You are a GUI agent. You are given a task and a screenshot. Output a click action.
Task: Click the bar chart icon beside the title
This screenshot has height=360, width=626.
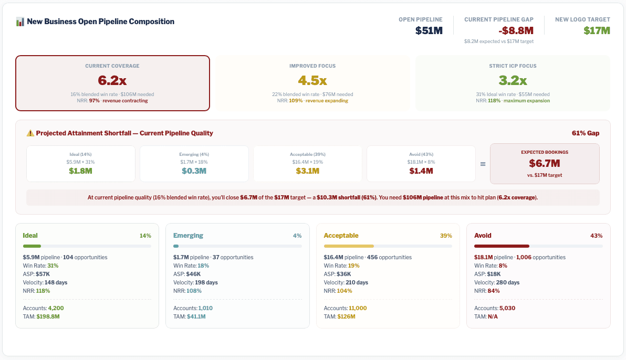20,22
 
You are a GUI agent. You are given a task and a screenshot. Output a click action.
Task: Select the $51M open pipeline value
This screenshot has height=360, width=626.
429,30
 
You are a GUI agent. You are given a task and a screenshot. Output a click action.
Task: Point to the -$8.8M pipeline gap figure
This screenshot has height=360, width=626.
498,30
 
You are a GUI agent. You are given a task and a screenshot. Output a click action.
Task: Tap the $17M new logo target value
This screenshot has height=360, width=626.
597,30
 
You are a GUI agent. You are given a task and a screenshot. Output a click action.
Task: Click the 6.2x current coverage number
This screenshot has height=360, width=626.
112,80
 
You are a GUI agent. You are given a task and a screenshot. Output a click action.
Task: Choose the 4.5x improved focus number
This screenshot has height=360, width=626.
312,80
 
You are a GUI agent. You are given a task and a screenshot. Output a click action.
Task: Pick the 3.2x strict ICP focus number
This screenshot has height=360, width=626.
513,80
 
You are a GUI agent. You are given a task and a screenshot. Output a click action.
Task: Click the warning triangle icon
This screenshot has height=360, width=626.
30,133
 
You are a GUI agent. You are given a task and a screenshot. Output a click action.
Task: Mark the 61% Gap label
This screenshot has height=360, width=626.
586,133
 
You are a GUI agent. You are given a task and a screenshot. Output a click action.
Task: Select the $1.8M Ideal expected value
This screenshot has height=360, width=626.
81,171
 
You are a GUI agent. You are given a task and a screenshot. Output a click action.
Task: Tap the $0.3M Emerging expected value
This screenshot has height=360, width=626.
194,171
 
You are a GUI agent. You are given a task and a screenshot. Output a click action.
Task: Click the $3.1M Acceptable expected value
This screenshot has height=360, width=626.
308,171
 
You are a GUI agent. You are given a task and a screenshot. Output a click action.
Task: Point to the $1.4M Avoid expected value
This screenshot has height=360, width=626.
421,171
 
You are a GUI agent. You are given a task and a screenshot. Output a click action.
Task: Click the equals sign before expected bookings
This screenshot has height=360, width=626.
483,164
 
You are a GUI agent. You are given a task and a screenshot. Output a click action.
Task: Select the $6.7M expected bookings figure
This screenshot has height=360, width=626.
544,163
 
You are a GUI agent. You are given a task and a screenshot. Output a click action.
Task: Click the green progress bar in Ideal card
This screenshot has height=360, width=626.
32,246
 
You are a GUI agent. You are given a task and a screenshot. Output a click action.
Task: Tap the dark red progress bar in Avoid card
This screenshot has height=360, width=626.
502,246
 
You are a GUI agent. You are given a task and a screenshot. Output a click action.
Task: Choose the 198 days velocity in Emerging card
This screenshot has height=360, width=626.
206,282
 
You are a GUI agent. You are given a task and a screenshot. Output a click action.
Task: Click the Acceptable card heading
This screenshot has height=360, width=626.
341,236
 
